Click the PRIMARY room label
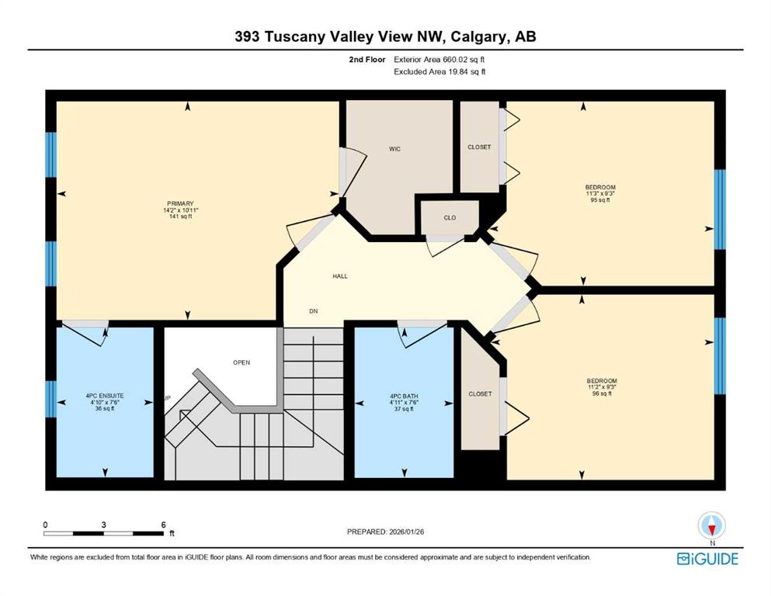[x=180, y=203]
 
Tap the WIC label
[x=395, y=149]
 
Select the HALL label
[x=340, y=276]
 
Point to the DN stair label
[x=313, y=311]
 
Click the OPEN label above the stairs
[x=241, y=362]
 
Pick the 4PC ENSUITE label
[x=105, y=396]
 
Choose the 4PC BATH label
[x=404, y=396]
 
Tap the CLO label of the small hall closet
[x=450, y=217]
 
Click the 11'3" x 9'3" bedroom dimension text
[x=600, y=193]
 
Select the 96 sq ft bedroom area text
[x=602, y=393]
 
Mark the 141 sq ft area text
[x=180, y=217]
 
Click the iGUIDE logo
[x=707, y=560]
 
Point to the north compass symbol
[x=711, y=525]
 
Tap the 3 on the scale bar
[x=104, y=525]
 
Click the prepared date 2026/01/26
[x=406, y=532]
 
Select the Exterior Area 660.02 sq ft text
[x=439, y=60]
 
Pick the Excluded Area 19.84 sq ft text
[x=439, y=71]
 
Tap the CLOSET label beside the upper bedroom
[x=479, y=147]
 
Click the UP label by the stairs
[x=167, y=398]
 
